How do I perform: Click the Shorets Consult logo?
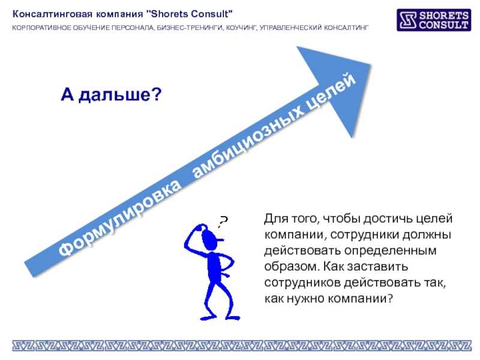coord(434,20)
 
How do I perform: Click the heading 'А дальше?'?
coord(111,94)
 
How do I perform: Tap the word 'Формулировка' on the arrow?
coord(119,218)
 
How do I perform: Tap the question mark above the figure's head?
coord(223,221)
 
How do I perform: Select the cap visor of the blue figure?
coord(219,240)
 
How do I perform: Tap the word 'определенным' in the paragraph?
coord(391,251)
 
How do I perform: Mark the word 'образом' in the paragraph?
coord(292,266)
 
